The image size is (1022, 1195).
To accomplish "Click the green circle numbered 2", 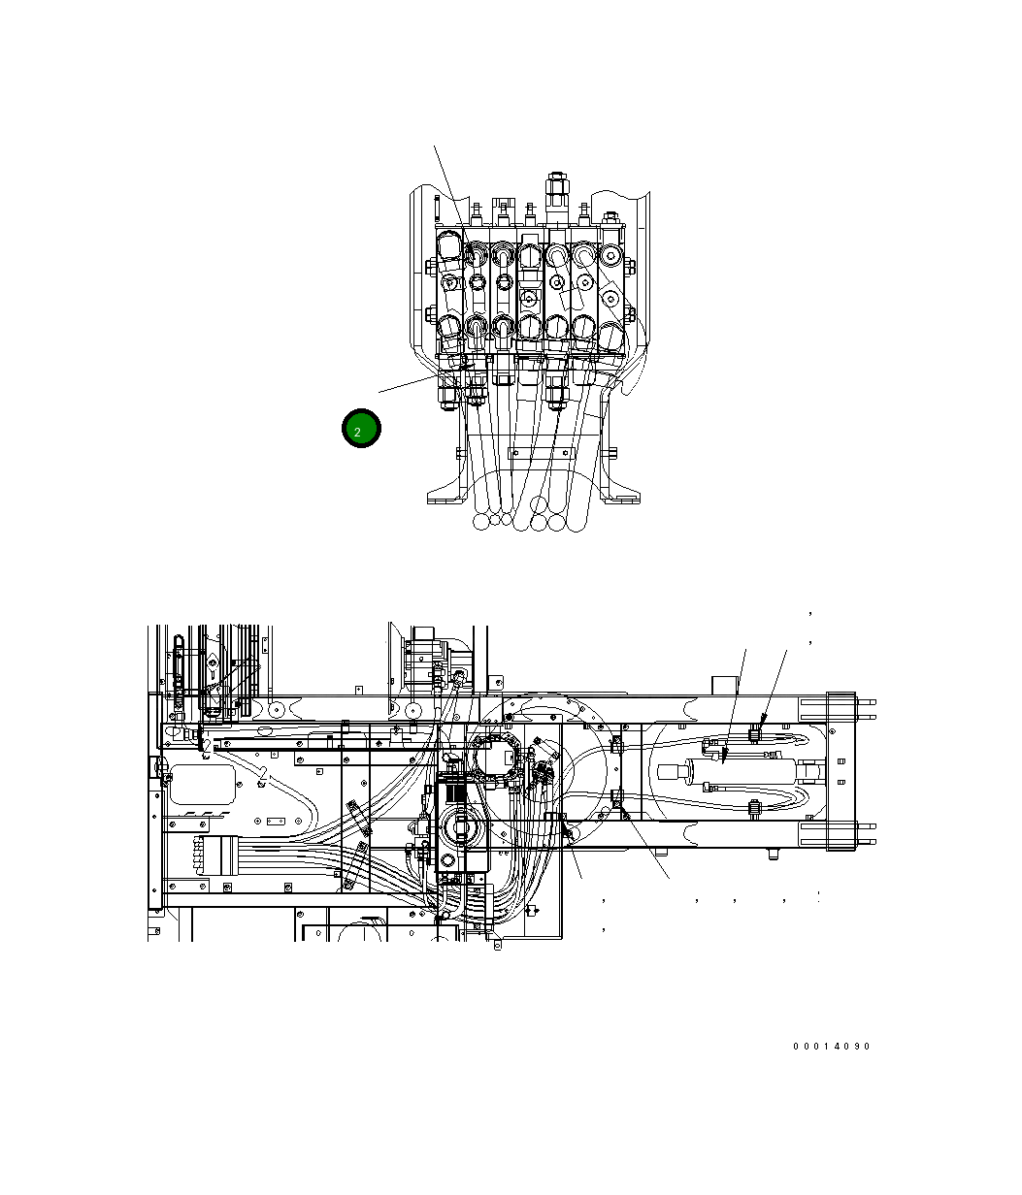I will pyautogui.click(x=361, y=429).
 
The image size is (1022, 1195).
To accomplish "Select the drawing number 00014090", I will pyautogui.click(x=831, y=1047).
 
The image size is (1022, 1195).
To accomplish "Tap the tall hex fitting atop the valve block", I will pyautogui.click(x=557, y=191).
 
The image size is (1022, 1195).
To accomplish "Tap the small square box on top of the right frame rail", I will pyautogui.click(x=725, y=685).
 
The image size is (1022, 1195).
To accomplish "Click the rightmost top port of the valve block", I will pyautogui.click(x=610, y=256).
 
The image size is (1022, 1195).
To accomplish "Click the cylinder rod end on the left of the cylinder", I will pyautogui.click(x=675, y=773).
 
